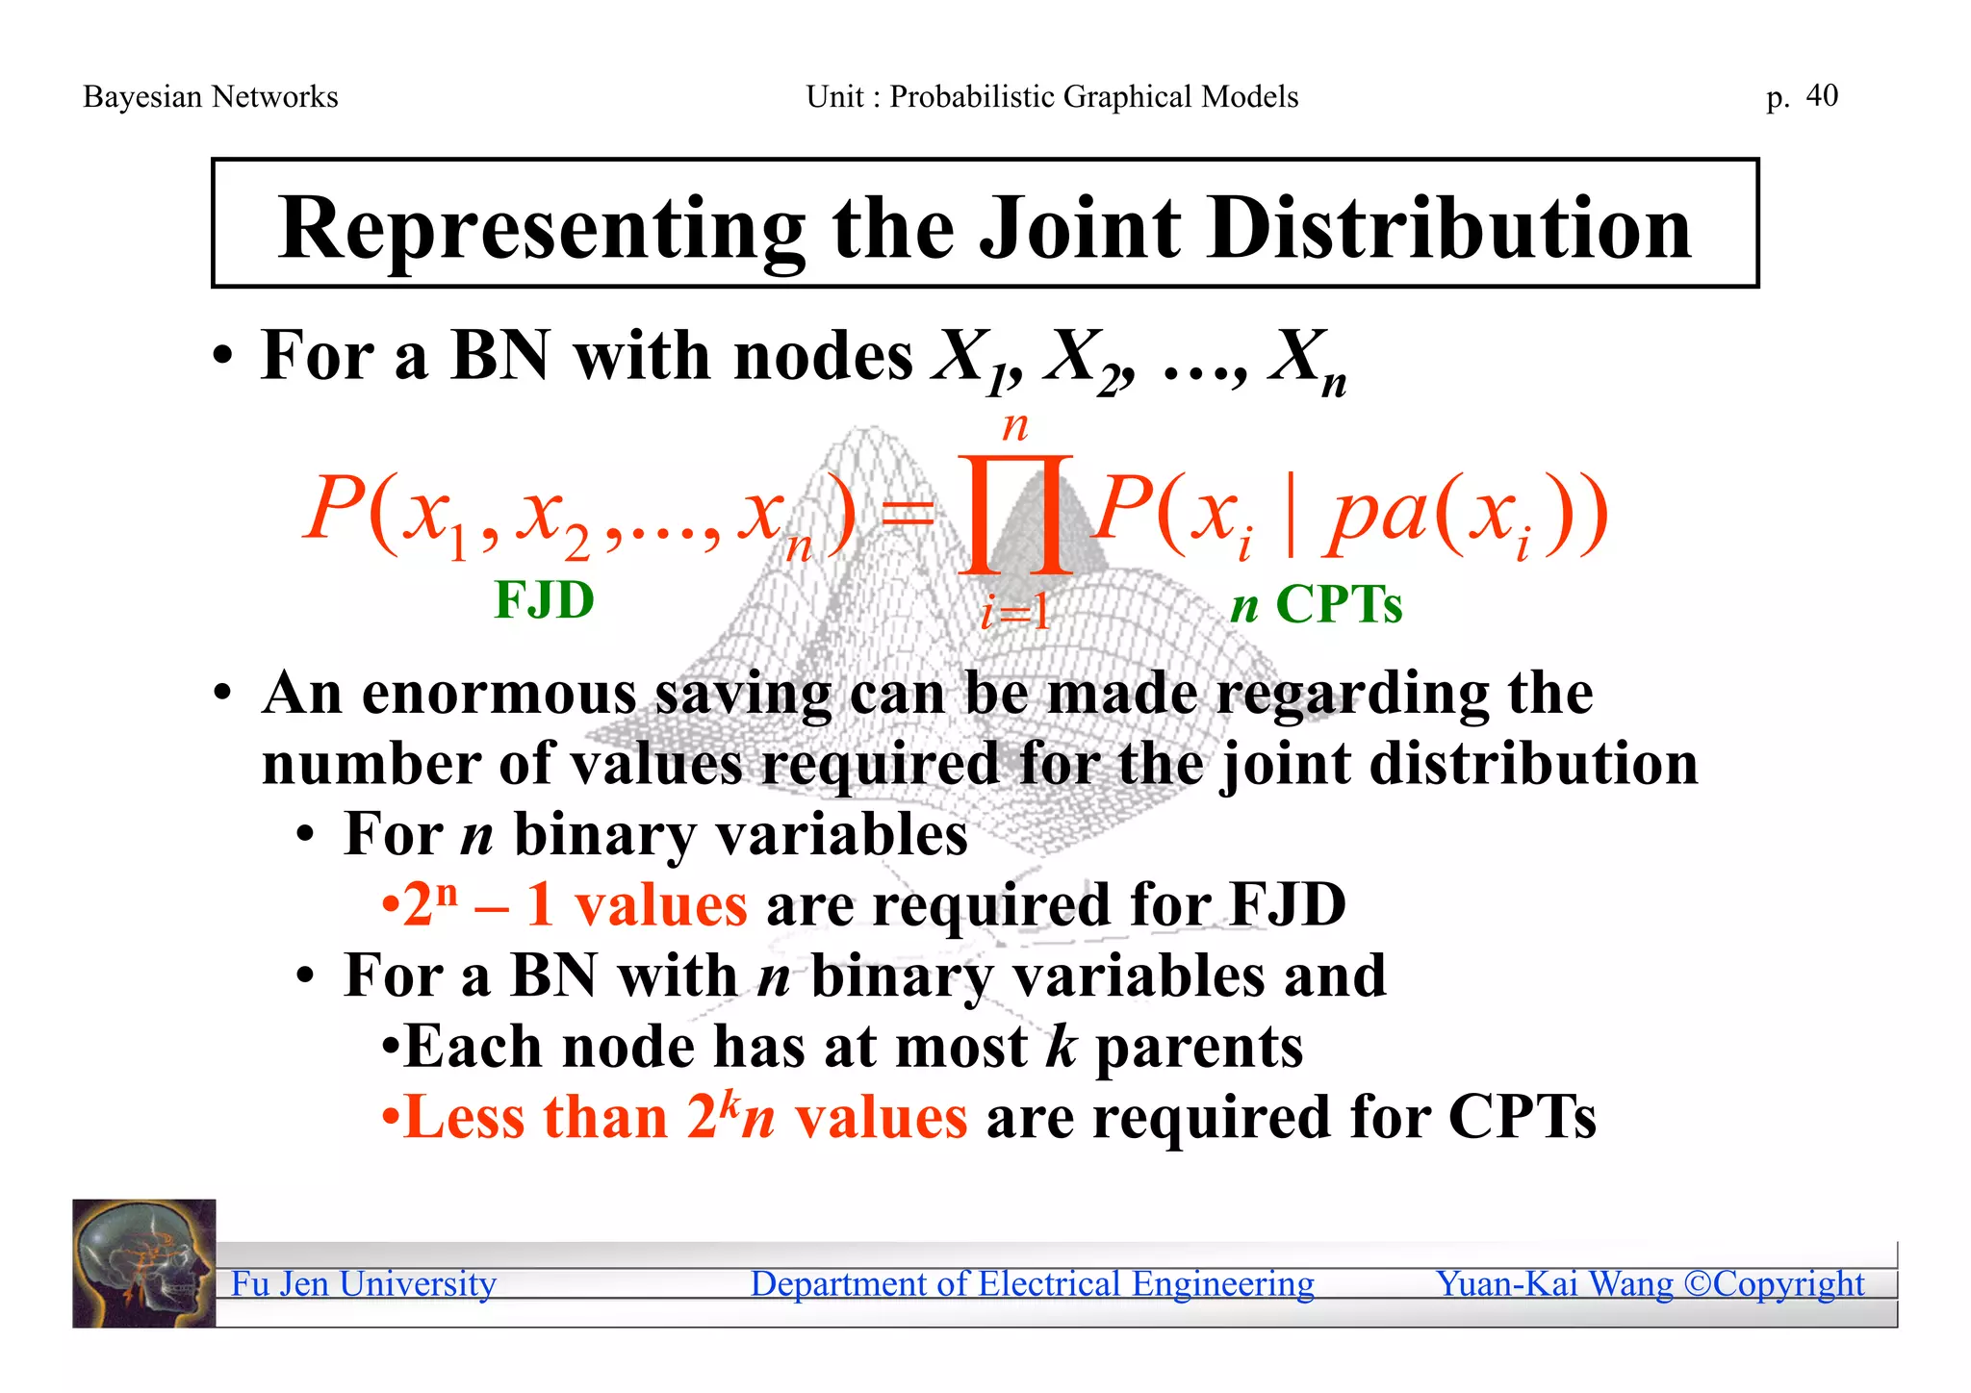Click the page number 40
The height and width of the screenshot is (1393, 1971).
(1822, 95)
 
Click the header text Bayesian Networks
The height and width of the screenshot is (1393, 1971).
(211, 97)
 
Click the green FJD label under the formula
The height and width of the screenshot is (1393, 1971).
(544, 600)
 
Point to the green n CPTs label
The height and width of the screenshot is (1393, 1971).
(1317, 605)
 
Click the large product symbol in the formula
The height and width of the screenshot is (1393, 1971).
(1015, 515)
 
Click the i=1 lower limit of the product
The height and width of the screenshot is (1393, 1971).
(1015, 612)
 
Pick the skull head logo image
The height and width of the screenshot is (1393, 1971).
(144, 1263)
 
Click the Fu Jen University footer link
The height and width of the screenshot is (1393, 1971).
(364, 1283)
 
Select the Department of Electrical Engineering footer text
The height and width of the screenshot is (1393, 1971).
(1032, 1283)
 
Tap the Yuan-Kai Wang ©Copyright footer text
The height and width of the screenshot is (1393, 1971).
(1650, 1283)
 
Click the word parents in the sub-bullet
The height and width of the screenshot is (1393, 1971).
(1199, 1047)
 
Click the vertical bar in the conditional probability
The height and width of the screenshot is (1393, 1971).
(1291, 515)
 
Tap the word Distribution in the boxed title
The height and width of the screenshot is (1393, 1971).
(1448, 229)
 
